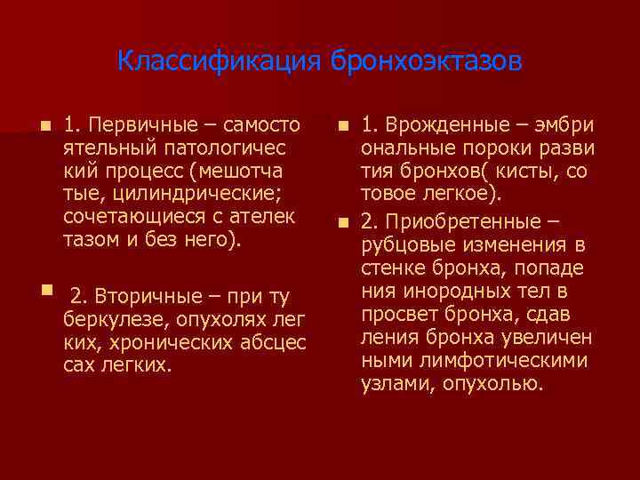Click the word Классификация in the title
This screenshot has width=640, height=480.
coord(220,62)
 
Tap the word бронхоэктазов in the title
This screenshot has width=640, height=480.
coord(428,62)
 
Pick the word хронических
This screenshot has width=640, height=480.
coord(146,341)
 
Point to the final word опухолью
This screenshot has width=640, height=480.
coord(493,383)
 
